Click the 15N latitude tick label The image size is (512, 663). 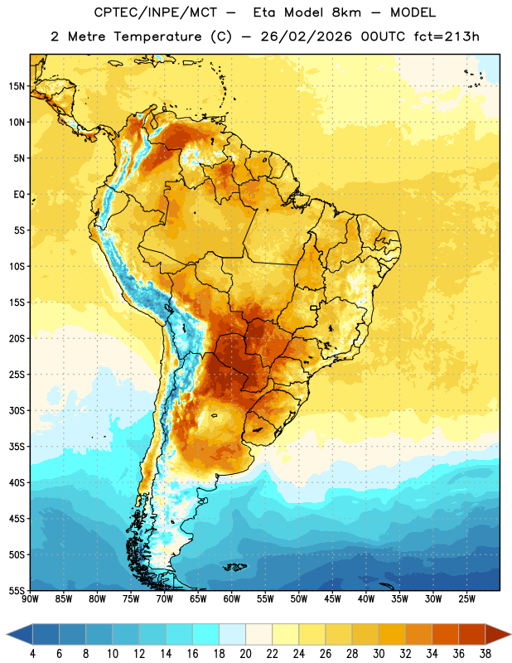[17, 86]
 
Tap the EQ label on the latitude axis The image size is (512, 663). [19, 195]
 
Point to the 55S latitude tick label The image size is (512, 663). [17, 591]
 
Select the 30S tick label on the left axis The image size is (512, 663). [17, 410]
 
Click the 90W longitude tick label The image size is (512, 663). [31, 599]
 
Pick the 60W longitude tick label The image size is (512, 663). [232, 599]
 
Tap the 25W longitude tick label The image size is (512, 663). [466, 599]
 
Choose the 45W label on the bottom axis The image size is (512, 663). [332, 599]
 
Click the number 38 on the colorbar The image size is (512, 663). [485, 654]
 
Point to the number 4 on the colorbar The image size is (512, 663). [32, 654]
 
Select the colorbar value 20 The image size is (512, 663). [245, 654]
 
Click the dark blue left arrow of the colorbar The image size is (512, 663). [19, 635]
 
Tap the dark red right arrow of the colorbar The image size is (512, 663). [499, 635]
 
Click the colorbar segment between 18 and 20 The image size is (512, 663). [233, 635]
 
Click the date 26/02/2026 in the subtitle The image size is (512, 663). [306, 36]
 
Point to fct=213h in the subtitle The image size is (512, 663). [447, 36]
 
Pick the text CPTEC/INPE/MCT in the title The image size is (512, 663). [155, 12]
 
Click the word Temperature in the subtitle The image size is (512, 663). [157, 36]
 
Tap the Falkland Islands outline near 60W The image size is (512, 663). [234, 567]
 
